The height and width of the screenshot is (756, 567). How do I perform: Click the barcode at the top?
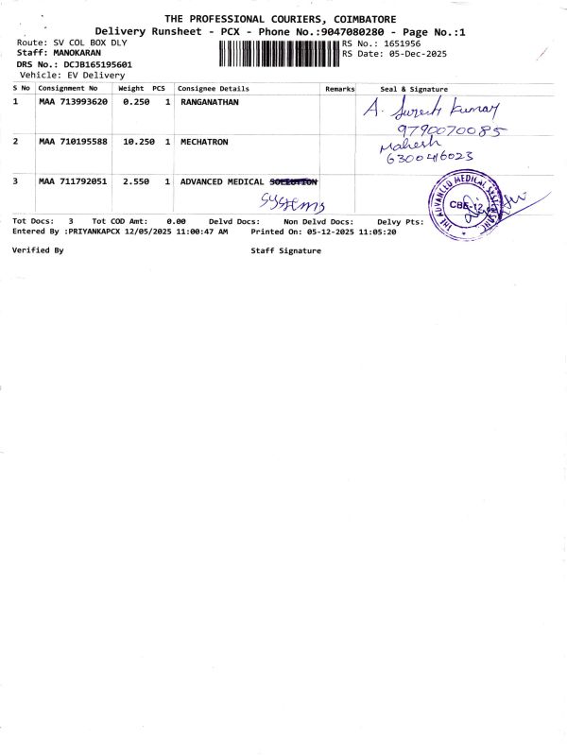[x=279, y=53]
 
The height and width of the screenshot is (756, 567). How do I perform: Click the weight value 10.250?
[x=139, y=141]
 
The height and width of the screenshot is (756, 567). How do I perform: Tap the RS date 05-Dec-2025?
[x=414, y=54]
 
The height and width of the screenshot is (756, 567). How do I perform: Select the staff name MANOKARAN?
[x=75, y=54]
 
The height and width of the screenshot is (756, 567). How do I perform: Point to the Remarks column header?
[x=339, y=88]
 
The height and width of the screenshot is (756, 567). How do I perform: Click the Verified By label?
[x=38, y=250]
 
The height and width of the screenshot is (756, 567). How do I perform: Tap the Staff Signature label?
[x=285, y=250]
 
